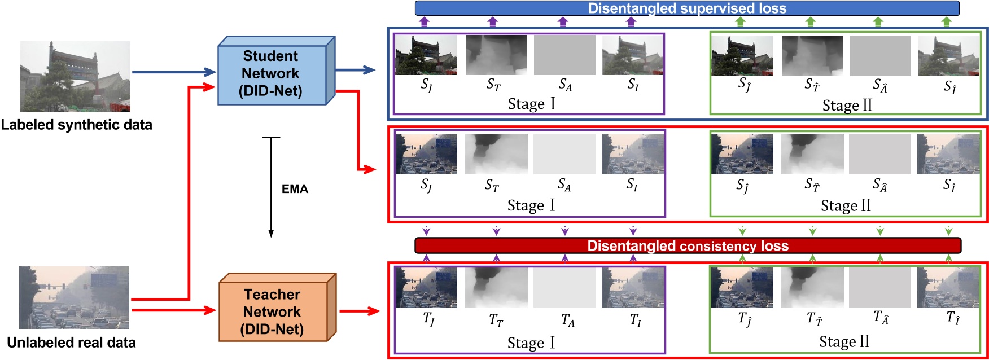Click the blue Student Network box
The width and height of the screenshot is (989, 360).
click(x=271, y=73)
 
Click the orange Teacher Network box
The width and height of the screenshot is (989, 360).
click(x=272, y=311)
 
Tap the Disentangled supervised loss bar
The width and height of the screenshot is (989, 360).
click(x=687, y=8)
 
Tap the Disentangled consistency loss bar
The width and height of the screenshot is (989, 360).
click(x=687, y=245)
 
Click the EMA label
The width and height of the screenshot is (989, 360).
click(x=295, y=189)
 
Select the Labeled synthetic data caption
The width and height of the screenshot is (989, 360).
click(x=76, y=125)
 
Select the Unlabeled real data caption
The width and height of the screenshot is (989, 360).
click(x=71, y=343)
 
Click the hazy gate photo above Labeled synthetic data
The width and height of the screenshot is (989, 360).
click(x=75, y=76)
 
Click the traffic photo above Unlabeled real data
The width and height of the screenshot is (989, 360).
click(x=74, y=297)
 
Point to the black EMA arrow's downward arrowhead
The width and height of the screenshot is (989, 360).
click(x=271, y=233)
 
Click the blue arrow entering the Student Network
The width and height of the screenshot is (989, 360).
click(x=174, y=72)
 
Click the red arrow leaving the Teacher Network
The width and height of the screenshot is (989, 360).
click(x=359, y=311)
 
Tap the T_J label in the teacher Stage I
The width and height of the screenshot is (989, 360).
click(x=428, y=319)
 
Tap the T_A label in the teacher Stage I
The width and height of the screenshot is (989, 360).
click(x=567, y=321)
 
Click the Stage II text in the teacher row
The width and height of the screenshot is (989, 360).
click(x=844, y=342)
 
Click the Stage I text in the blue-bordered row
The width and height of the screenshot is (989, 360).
click(x=531, y=104)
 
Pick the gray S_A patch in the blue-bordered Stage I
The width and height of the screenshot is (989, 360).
click(x=564, y=55)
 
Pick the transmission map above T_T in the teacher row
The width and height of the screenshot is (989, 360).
click(x=496, y=287)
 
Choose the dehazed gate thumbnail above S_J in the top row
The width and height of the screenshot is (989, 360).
click(x=426, y=55)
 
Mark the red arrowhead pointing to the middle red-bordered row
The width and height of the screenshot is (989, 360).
click(x=370, y=169)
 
